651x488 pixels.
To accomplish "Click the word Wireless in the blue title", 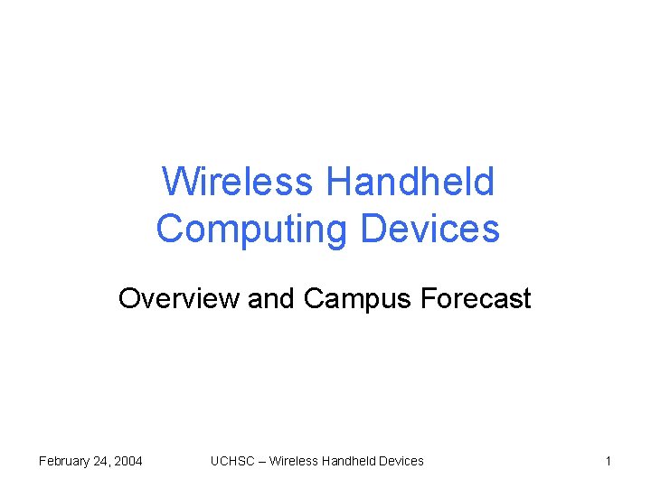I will pos(237,182).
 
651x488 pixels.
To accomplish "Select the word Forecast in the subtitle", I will pos(476,298).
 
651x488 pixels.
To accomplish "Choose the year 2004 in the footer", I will pos(127,461).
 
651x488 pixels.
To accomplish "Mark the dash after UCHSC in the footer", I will pos(261,461).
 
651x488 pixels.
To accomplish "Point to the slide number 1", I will pos(609,461).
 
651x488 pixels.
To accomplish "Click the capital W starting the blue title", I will pos(178,182).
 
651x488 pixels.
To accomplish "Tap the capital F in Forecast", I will pos(429,298).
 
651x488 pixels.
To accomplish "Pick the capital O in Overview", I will pos(129,298).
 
